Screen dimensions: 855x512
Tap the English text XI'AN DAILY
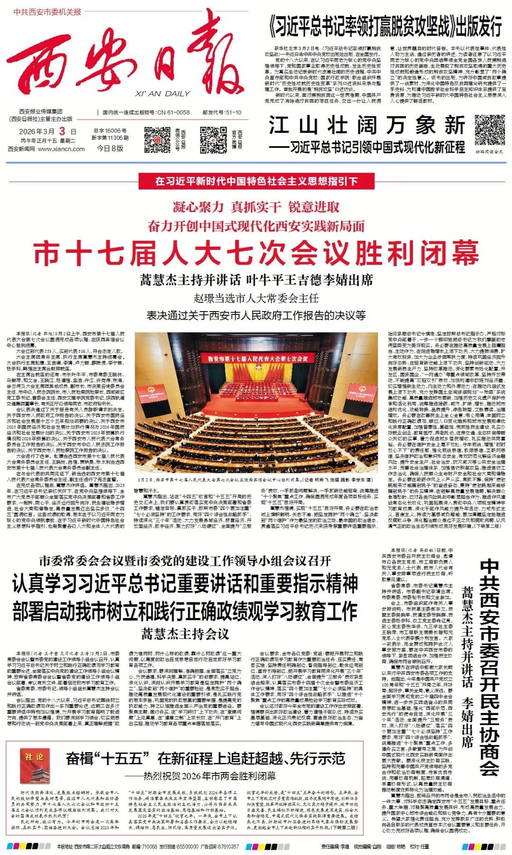pyautogui.click(x=162, y=94)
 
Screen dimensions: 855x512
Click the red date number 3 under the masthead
pyautogui.click(x=62, y=131)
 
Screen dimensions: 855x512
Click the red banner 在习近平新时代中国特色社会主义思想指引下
pyautogui.click(x=256, y=181)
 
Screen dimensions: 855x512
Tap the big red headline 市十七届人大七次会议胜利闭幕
pyautogui.click(x=256, y=253)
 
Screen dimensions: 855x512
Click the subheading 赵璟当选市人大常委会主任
pyautogui.click(x=256, y=298)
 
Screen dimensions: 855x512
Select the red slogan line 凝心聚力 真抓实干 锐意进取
pyautogui.click(x=256, y=207)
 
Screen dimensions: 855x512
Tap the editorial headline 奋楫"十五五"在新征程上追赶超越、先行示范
pyautogui.click(x=205, y=758)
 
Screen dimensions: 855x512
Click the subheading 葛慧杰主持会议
pyautogui.click(x=185, y=634)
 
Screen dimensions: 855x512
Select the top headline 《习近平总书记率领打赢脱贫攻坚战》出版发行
pyautogui.click(x=385, y=27)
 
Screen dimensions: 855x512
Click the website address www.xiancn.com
pyautogui.click(x=61, y=149)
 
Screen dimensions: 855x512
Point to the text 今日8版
pyautogui.click(x=110, y=148)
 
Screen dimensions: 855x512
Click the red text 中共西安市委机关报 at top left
pyautogui.click(x=47, y=12)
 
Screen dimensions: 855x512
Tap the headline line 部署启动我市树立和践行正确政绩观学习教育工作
pyautogui.click(x=185, y=611)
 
